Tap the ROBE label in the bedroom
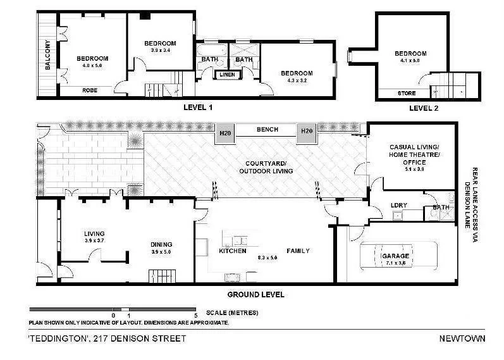(x=89, y=90)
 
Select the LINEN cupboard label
(x=227, y=75)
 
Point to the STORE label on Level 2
(x=407, y=94)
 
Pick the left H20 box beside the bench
(x=224, y=132)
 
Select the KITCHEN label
(x=232, y=251)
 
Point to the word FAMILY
(x=298, y=251)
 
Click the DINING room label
(x=162, y=244)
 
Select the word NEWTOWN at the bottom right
(x=462, y=338)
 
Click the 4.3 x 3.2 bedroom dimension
(x=297, y=80)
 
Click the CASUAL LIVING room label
(x=410, y=146)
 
